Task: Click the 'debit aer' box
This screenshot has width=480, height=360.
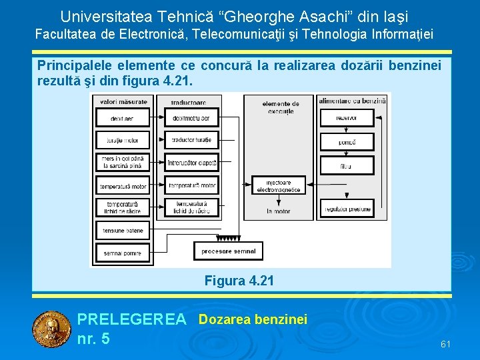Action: [x=123, y=118]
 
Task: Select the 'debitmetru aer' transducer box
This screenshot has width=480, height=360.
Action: [x=191, y=118]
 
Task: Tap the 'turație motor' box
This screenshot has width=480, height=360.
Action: [x=123, y=140]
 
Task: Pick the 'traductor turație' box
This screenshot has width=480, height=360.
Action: [x=191, y=140]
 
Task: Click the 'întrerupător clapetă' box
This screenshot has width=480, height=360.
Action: [x=191, y=162]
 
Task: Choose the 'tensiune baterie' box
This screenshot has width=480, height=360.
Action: [x=123, y=231]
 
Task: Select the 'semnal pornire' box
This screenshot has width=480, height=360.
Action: [x=123, y=253]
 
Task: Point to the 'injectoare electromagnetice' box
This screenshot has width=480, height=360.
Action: [x=278, y=185]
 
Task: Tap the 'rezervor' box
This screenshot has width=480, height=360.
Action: [x=347, y=118]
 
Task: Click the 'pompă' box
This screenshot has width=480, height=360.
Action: [x=347, y=142]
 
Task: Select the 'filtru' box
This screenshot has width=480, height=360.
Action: [x=347, y=165]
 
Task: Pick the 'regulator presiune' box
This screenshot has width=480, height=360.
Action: [x=347, y=209]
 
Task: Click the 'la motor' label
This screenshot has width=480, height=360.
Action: [x=278, y=211]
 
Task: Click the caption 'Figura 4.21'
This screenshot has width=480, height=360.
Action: [x=239, y=281]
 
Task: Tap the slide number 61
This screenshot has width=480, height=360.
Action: [x=446, y=344]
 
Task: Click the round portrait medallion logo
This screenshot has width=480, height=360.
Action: [x=51, y=330]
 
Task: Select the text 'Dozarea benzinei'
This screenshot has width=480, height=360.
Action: [x=253, y=320]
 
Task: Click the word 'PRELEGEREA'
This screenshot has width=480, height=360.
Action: [x=132, y=320]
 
